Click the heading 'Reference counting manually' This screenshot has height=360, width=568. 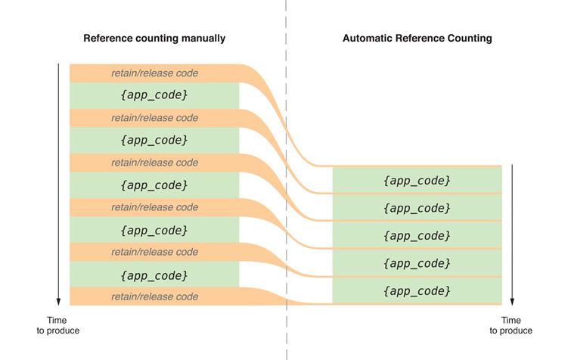(x=154, y=38)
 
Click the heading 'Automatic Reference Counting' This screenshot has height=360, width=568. (x=417, y=38)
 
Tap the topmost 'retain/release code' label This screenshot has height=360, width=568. (x=154, y=73)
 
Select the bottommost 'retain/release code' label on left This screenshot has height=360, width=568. (x=154, y=296)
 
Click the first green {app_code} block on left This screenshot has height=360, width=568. (x=154, y=95)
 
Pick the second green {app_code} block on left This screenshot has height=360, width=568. (x=154, y=140)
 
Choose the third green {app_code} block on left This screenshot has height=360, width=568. (x=154, y=185)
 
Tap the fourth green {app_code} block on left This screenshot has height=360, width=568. (x=154, y=230)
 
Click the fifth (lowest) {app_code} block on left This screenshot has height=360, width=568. (x=154, y=275)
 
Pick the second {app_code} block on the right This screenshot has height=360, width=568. (x=417, y=207)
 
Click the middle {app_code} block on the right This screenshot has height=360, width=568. (x=417, y=235)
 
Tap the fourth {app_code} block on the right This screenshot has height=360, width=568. (x=417, y=262)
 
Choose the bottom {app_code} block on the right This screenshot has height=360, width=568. (x=417, y=290)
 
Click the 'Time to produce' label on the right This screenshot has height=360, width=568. (x=511, y=325)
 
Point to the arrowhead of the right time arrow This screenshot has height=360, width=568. (x=512, y=300)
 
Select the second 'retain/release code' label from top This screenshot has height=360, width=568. (x=154, y=118)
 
